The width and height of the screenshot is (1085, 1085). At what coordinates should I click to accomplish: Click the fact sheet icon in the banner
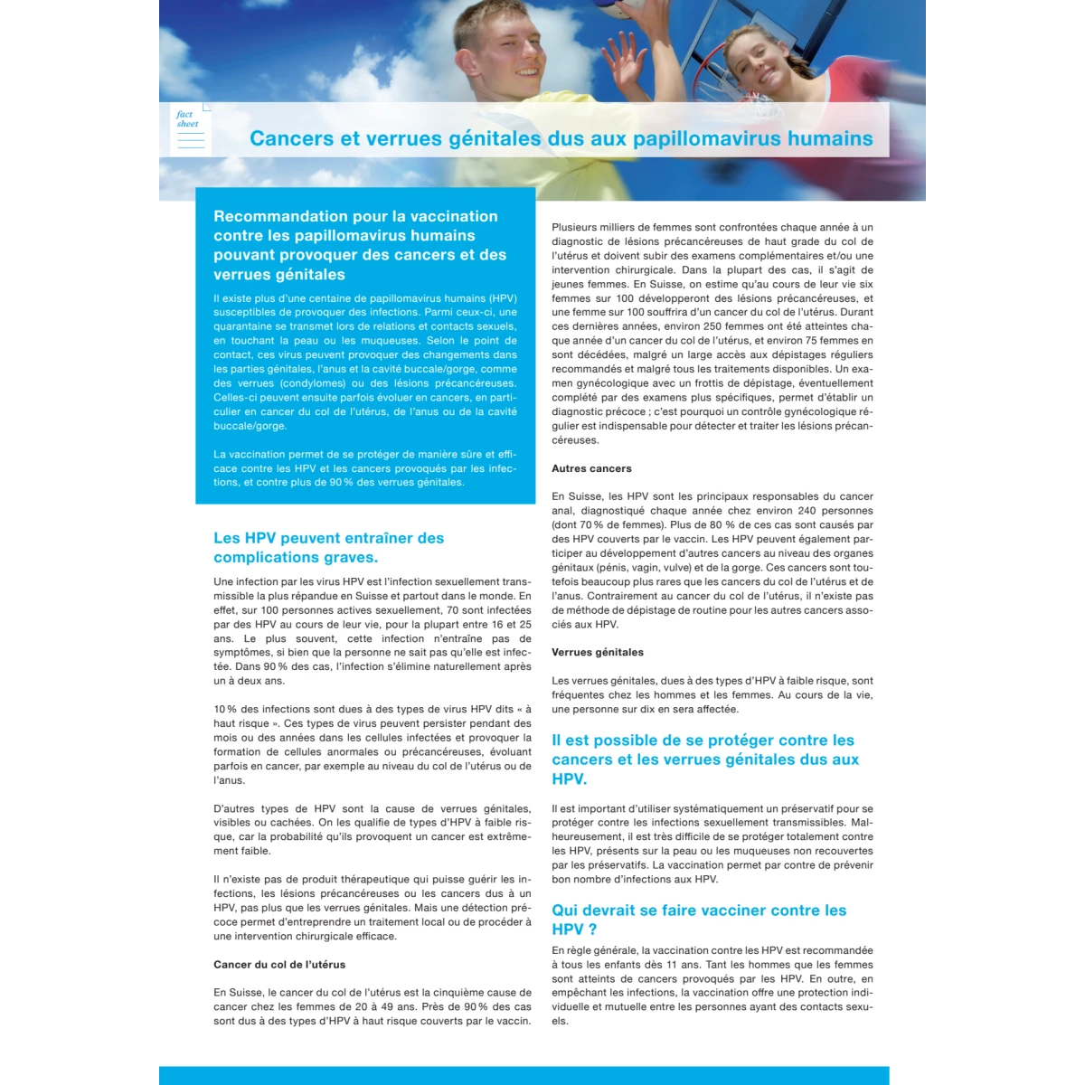(190, 130)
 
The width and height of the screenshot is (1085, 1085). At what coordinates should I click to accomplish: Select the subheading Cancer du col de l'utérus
(279, 965)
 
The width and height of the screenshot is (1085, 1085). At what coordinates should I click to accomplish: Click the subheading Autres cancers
(591, 468)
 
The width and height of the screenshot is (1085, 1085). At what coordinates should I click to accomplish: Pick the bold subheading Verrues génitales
(598, 652)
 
